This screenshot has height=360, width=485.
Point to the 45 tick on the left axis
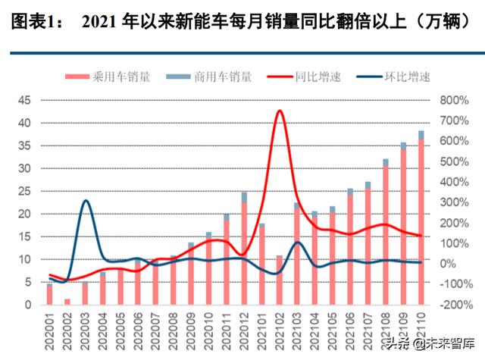(25, 100)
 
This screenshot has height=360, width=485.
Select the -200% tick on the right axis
(449, 305)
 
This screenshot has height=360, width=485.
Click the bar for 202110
(421, 220)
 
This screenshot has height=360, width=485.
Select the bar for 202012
(245, 250)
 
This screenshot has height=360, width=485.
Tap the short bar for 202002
(67, 302)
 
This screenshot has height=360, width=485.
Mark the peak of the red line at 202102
(280, 111)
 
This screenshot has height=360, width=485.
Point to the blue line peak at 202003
(86, 201)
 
